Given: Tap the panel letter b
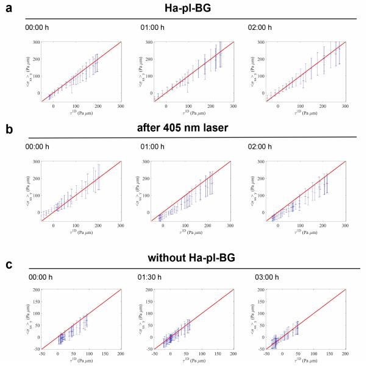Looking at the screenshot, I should click(7, 130).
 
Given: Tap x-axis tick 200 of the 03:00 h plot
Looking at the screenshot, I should click(345, 353).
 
